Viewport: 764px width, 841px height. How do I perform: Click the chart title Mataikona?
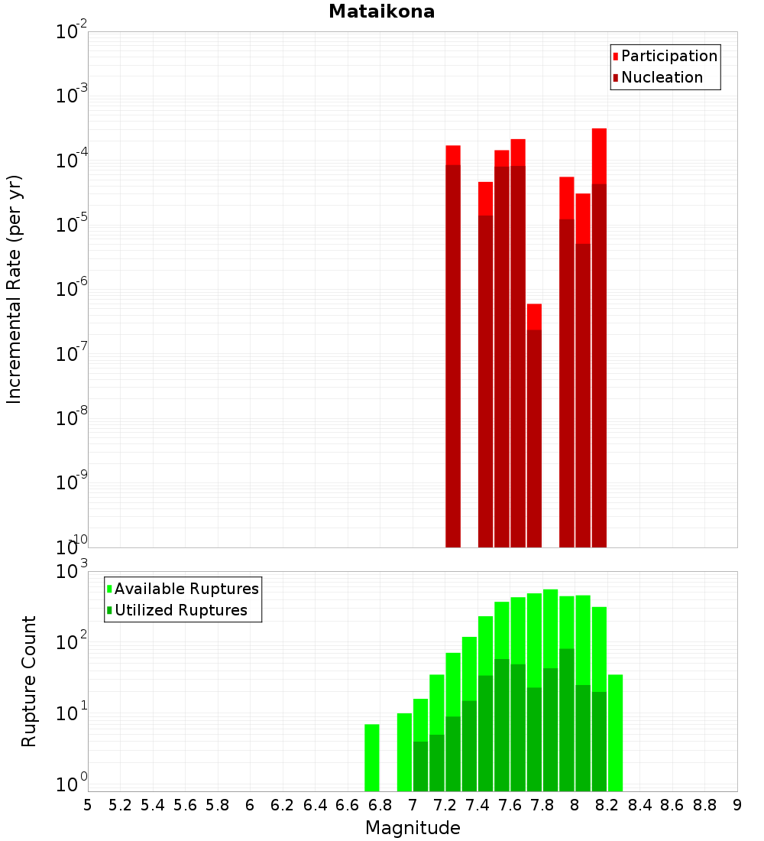pyautogui.click(x=381, y=12)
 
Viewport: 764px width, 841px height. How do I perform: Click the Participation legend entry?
pyautogui.click(x=668, y=56)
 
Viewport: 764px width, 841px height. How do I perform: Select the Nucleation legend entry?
pyautogui.click(x=661, y=77)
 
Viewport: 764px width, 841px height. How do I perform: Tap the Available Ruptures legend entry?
pyautogui.click(x=186, y=589)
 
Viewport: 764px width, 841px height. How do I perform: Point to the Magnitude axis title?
pyautogui.click(x=413, y=828)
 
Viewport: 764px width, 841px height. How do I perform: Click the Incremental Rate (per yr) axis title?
pyautogui.click(x=15, y=289)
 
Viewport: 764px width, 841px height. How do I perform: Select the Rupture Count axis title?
pyautogui.click(x=29, y=681)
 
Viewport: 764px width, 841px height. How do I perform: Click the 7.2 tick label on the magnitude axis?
pyautogui.click(x=445, y=805)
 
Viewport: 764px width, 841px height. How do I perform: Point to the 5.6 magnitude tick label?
pyautogui.click(x=185, y=805)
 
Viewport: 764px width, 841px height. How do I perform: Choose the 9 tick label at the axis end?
pyautogui.click(x=737, y=805)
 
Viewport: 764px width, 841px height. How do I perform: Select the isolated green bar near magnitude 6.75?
pyautogui.click(x=372, y=757)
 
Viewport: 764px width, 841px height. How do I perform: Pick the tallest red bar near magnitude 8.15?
pyautogui.click(x=599, y=336)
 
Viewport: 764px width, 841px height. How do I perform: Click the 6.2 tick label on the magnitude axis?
pyautogui.click(x=283, y=805)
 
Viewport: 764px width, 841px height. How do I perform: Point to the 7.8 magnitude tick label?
pyautogui.click(x=542, y=805)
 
